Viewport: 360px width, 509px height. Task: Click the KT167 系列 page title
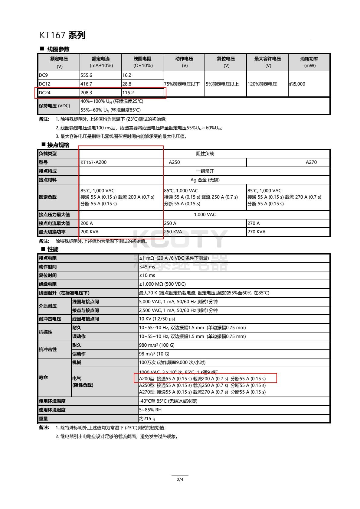coord(63,35)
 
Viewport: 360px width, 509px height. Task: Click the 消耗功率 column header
coord(309,62)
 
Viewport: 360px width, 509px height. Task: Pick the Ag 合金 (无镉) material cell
coord(205,180)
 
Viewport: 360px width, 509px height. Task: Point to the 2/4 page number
coord(180,479)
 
